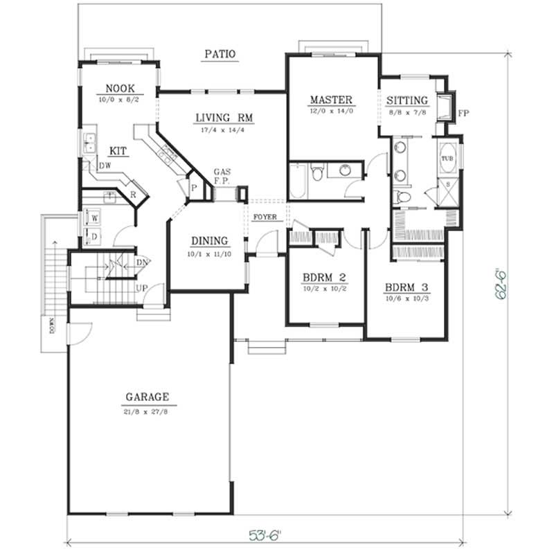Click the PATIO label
coord(220,53)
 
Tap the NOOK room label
coord(120,88)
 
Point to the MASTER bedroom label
coord(331,99)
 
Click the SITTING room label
coord(407,100)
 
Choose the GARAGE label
coord(147,397)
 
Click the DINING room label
coord(210,241)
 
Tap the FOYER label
coord(265,217)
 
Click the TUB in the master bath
coord(447,159)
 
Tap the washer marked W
coord(94,217)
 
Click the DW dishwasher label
coord(105,166)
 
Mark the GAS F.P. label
coord(222,175)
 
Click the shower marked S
coord(447,184)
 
